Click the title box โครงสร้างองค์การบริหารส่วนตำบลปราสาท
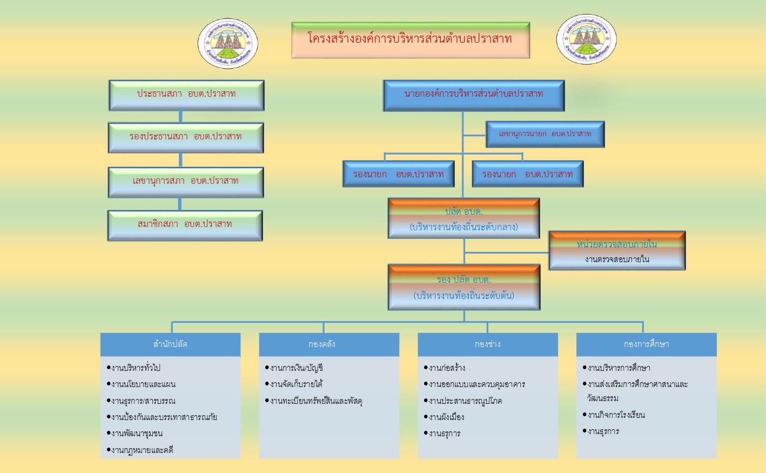click(x=410, y=39)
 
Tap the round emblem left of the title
click(x=227, y=43)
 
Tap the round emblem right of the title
click(x=586, y=39)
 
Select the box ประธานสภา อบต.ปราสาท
click(x=186, y=95)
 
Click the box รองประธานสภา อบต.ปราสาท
click(x=186, y=137)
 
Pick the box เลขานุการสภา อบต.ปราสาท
click(x=186, y=182)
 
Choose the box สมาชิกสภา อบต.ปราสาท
click(x=185, y=225)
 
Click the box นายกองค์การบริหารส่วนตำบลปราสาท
click(x=473, y=95)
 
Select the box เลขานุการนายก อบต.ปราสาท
click(x=545, y=134)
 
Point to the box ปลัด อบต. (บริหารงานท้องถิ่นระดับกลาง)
click(x=463, y=218)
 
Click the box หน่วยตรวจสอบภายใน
click(x=617, y=250)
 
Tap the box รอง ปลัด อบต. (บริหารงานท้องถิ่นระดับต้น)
click(x=463, y=287)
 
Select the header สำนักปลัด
click(x=170, y=344)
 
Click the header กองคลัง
click(x=329, y=344)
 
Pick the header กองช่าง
click(x=487, y=344)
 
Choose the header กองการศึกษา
click(x=646, y=344)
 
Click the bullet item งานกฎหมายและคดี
click(x=142, y=450)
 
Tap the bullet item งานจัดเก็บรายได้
click(x=296, y=384)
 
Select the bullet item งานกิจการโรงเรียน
click(x=616, y=415)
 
